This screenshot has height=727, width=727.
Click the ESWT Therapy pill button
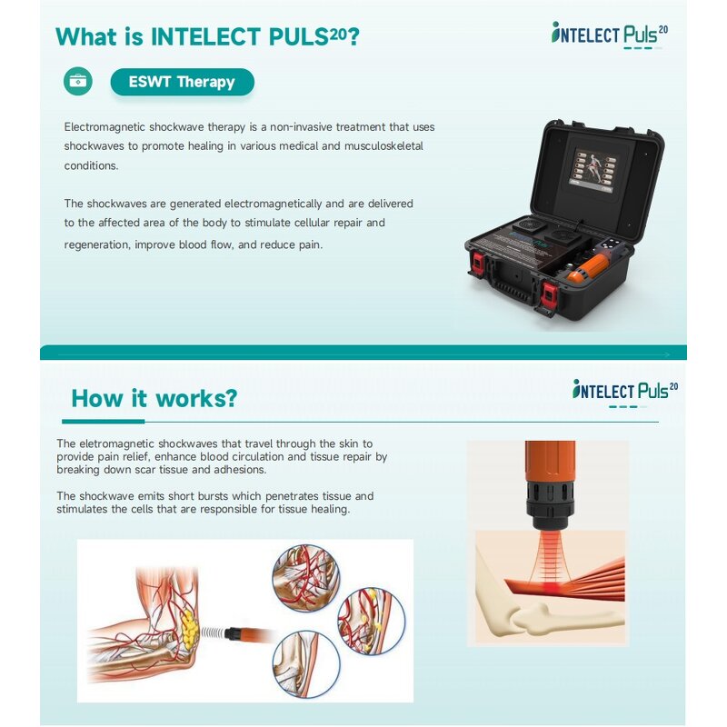(x=182, y=82)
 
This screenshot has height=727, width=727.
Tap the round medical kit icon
(x=78, y=81)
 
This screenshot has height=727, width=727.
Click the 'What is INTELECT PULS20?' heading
(x=207, y=37)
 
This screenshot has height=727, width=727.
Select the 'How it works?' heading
(x=154, y=398)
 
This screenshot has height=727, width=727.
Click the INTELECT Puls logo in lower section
(x=625, y=392)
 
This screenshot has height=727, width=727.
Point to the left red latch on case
(x=475, y=265)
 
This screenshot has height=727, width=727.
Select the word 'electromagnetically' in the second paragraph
(x=274, y=204)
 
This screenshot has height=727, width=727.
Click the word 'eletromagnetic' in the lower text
(x=118, y=443)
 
